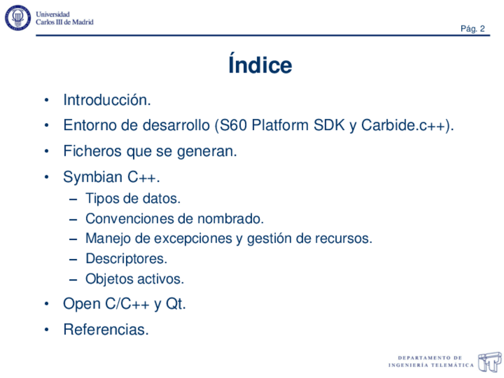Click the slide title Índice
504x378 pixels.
click(x=260, y=64)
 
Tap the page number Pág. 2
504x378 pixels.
click(x=472, y=29)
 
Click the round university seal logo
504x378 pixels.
click(x=18, y=18)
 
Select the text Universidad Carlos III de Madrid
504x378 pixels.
click(x=64, y=18)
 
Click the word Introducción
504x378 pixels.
click(x=107, y=100)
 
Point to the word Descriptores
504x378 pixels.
click(x=127, y=259)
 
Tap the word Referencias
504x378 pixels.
click(x=106, y=329)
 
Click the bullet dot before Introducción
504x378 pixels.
click(x=46, y=100)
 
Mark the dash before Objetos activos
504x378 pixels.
click(x=73, y=280)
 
